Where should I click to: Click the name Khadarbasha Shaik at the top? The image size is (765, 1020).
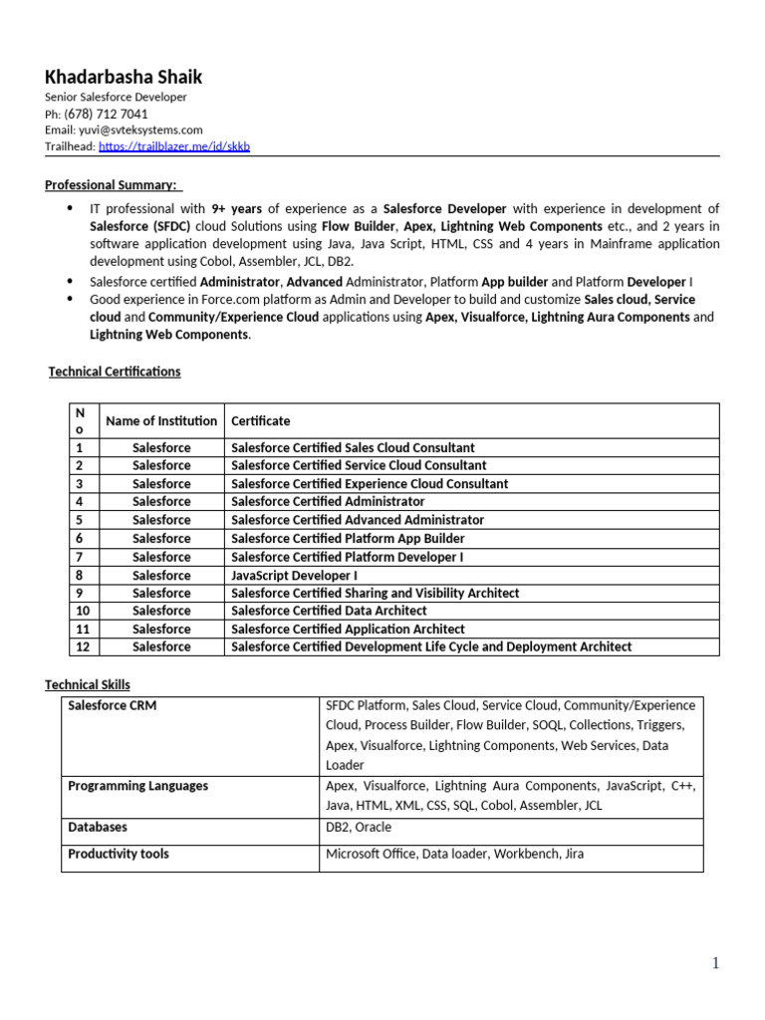click(x=124, y=77)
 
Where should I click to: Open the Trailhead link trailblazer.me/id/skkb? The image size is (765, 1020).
click(x=174, y=146)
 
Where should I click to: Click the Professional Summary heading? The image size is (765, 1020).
click(x=112, y=184)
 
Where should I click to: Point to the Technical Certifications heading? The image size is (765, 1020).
click(x=116, y=372)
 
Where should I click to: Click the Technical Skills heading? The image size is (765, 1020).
click(x=88, y=684)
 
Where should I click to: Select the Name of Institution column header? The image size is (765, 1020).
click(x=161, y=420)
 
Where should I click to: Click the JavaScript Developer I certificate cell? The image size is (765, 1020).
click(x=294, y=575)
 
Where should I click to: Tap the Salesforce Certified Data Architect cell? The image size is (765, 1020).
click(x=329, y=611)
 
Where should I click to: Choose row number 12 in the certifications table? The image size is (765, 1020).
click(x=84, y=646)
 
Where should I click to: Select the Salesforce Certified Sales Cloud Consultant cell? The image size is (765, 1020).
click(x=353, y=447)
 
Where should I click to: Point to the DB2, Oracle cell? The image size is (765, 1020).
click(x=359, y=827)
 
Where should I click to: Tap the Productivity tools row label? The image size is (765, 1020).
click(x=119, y=854)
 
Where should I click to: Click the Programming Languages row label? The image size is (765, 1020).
click(x=137, y=785)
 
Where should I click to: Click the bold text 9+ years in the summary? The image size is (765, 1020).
click(x=236, y=208)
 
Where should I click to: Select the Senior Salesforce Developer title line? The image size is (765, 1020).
click(x=116, y=98)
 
